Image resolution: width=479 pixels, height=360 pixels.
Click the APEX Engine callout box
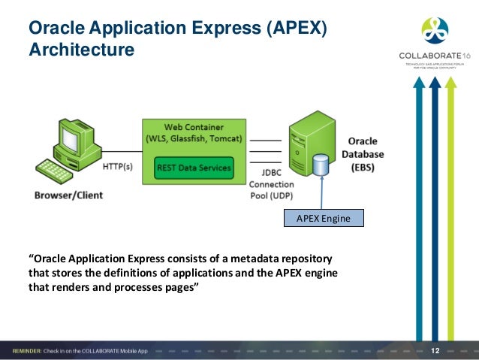pos(324,218)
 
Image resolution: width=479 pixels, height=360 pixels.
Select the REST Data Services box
pos(194,167)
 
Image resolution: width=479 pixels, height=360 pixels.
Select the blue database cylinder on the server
pos(321,165)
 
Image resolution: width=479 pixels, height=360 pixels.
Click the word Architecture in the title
pos(81,50)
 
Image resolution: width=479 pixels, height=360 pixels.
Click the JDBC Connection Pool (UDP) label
pos(266,184)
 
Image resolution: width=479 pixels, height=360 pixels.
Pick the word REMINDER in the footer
pos(32,351)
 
